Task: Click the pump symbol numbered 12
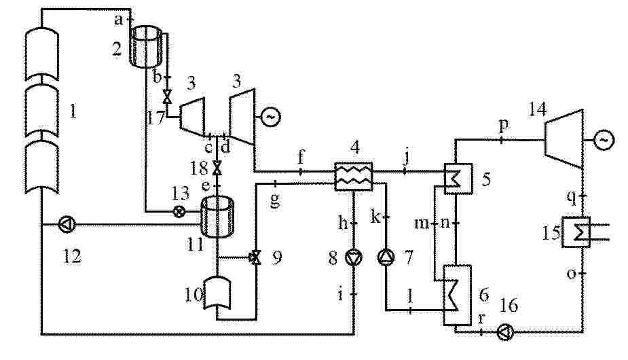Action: click(66, 225)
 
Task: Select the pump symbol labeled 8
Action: click(353, 257)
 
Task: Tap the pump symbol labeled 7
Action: click(386, 257)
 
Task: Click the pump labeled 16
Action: click(504, 332)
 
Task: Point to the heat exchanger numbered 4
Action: click(353, 177)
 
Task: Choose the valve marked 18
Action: click(217, 168)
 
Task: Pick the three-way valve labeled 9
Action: click(255, 257)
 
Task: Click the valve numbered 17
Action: click(167, 96)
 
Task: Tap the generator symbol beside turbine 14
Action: click(603, 140)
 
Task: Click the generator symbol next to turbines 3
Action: click(271, 117)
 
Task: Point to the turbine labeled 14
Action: click(564, 139)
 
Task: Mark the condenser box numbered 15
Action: click(576, 232)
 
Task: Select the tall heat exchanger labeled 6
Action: click(457, 295)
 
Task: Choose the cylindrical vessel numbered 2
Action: click(146, 46)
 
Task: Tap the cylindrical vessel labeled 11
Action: click(217, 217)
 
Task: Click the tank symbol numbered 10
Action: click(217, 293)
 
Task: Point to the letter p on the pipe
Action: click(504, 126)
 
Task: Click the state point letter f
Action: click(301, 158)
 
